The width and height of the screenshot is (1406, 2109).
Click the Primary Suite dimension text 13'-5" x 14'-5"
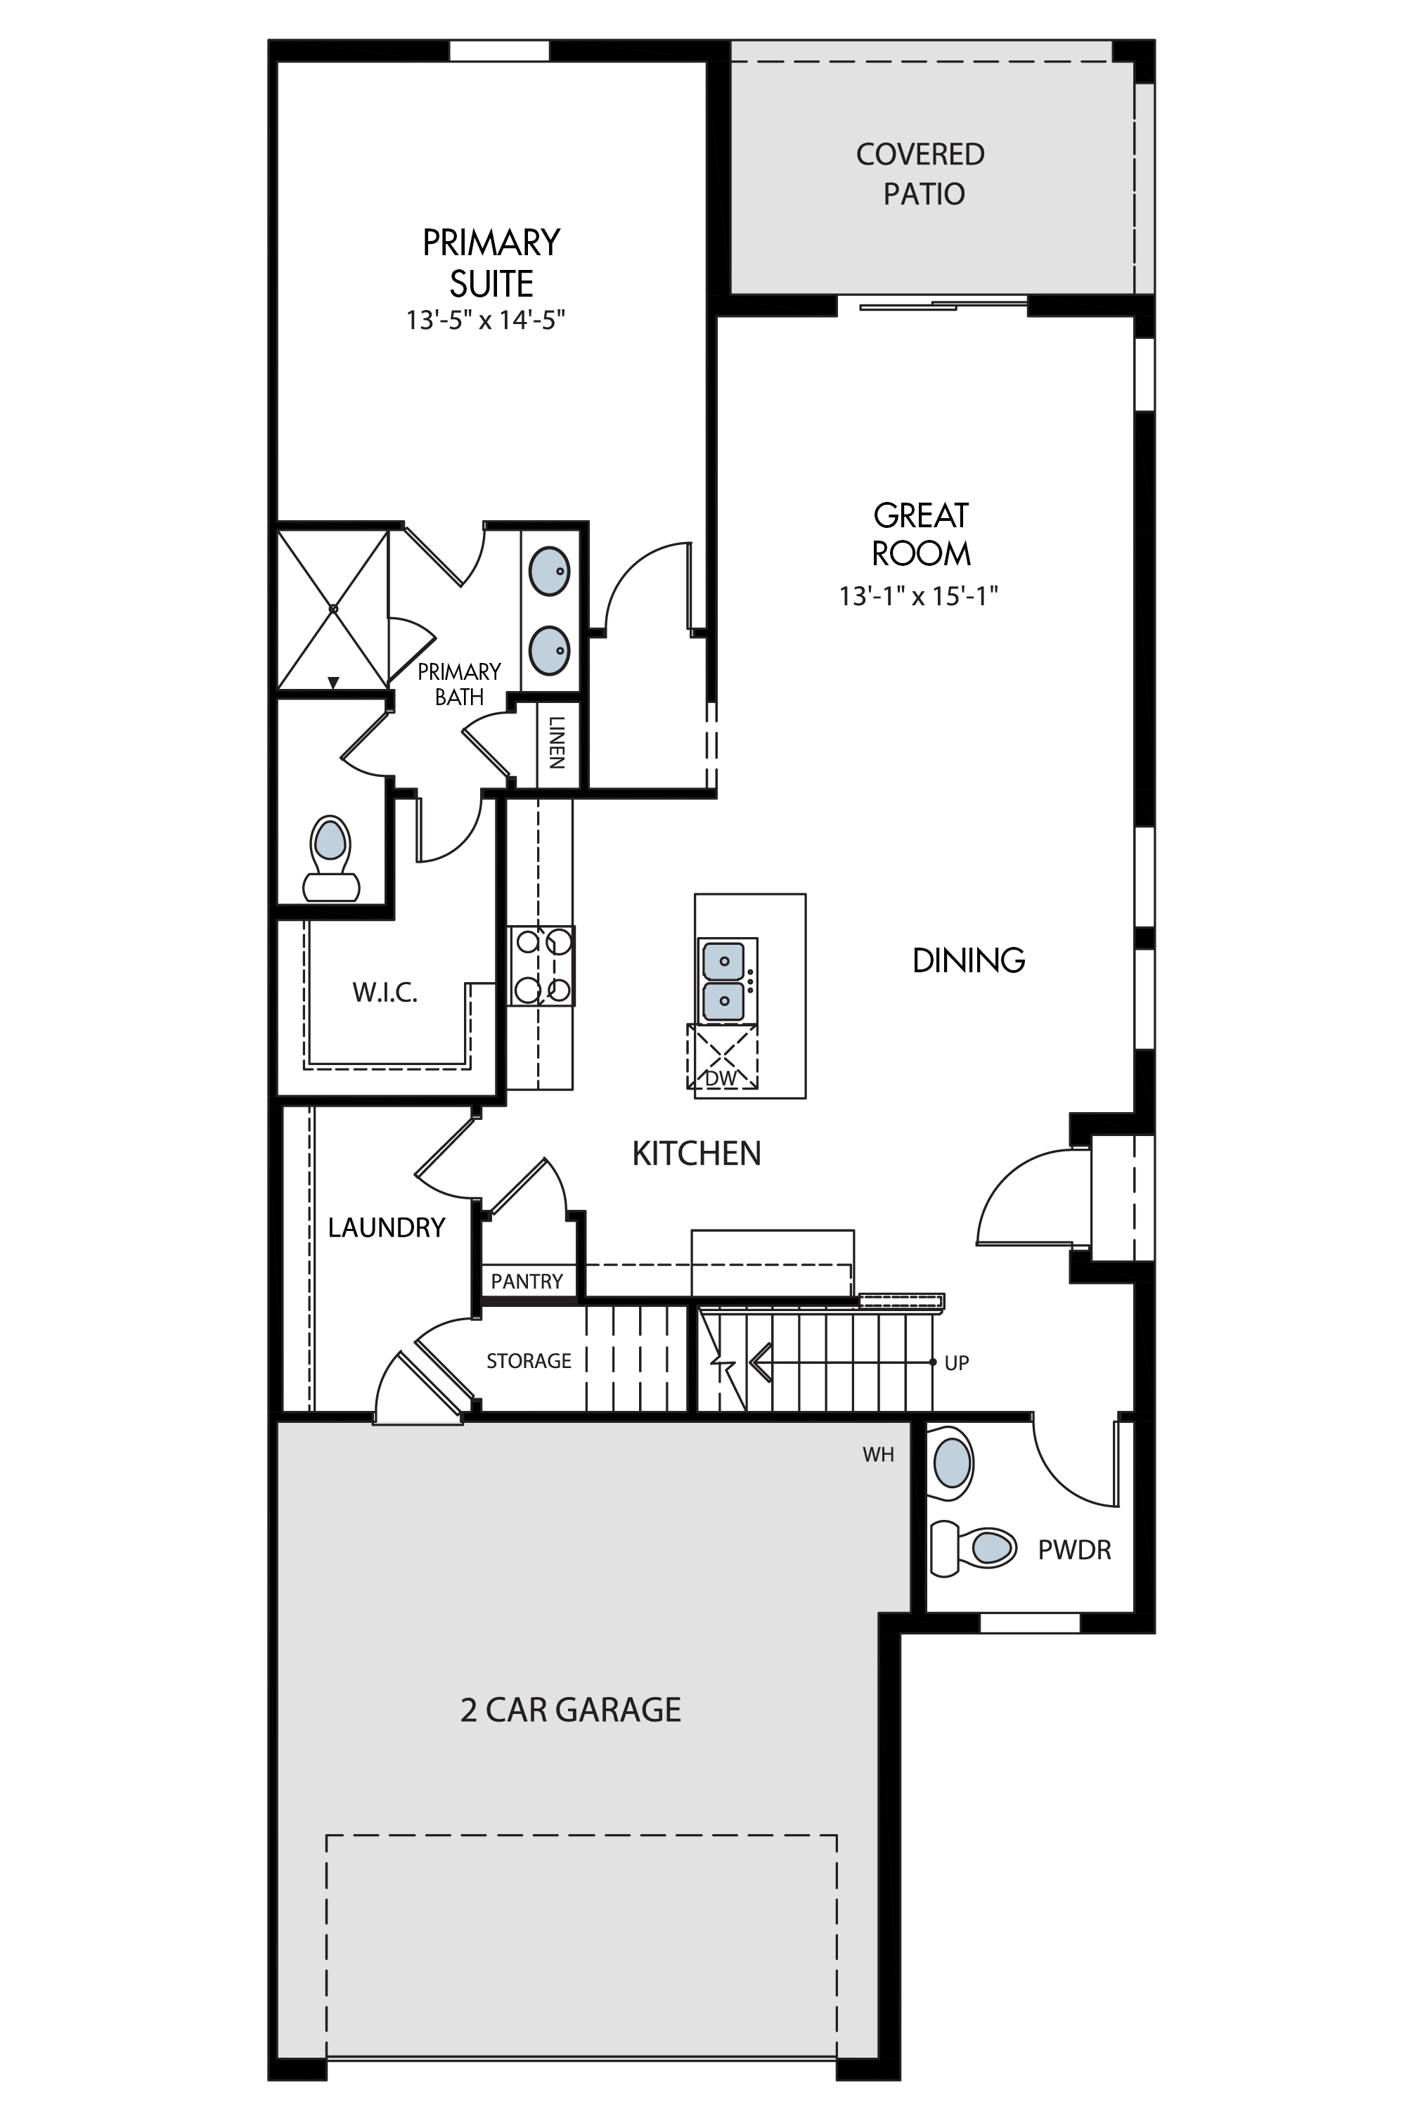[x=485, y=320]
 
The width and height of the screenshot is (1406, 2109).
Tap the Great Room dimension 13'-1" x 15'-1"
[x=918, y=596]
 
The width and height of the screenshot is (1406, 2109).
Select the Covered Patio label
[x=921, y=174]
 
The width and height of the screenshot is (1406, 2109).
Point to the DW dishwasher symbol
[x=722, y=1057]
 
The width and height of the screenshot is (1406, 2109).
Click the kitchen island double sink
[x=723, y=981]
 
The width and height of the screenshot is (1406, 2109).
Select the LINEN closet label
[x=556, y=742]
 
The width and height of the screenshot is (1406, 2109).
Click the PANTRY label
[x=527, y=1282]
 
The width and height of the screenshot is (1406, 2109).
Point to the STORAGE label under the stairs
[x=529, y=1361]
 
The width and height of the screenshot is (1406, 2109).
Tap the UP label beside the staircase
[x=957, y=1363]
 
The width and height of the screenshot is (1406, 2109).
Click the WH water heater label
[x=879, y=1455]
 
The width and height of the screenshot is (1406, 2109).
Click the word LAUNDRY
[x=387, y=1227]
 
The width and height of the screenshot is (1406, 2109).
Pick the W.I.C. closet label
[x=385, y=993]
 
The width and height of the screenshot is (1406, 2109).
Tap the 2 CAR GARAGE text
[x=570, y=1709]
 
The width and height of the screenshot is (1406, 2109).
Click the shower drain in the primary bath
[x=333, y=609]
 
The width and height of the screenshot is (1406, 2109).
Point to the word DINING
[x=969, y=960]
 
